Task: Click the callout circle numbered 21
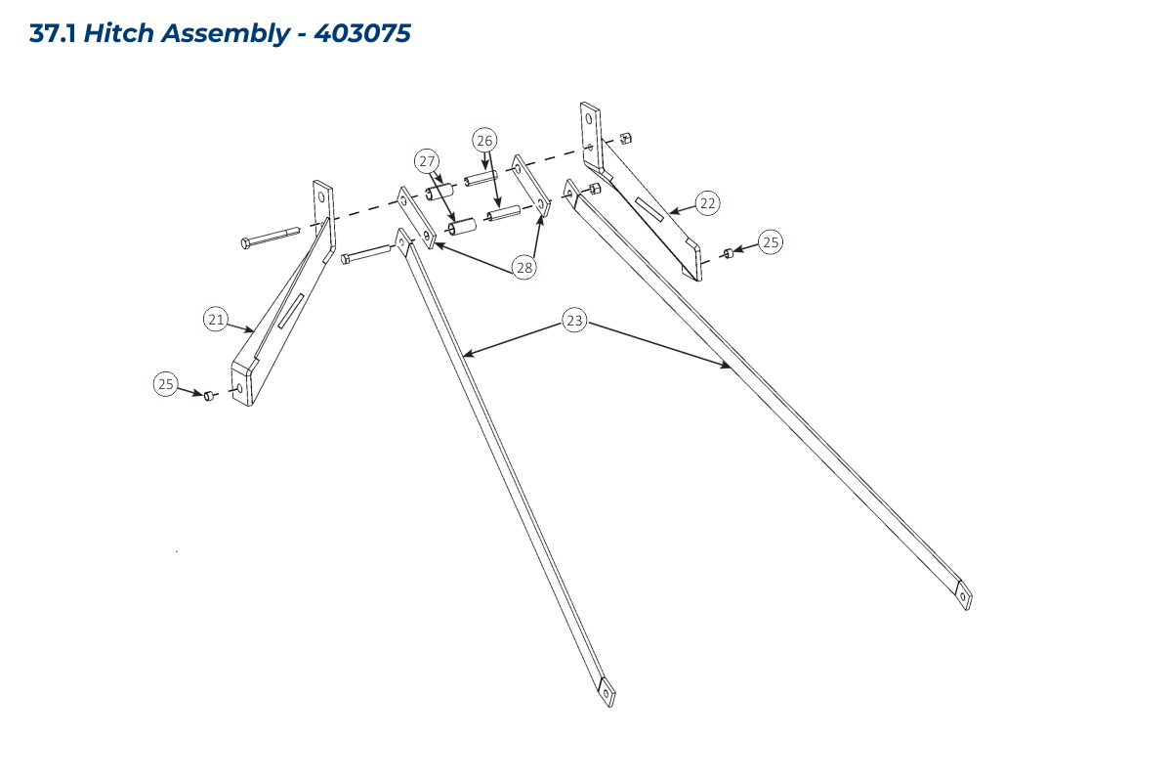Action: [x=216, y=319]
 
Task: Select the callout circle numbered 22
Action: [x=707, y=202]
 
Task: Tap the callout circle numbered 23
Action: [x=574, y=320]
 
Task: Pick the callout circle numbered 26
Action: [x=484, y=141]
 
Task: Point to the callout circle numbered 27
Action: [x=427, y=161]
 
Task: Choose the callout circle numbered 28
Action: [x=524, y=268]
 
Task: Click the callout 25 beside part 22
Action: [x=771, y=242]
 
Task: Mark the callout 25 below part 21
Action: [x=166, y=384]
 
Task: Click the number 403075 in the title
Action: [x=362, y=33]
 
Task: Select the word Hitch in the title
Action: [x=118, y=33]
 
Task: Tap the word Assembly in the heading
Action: [x=225, y=34]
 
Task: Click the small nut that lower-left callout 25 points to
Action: [x=209, y=396]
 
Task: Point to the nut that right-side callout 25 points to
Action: [x=728, y=253]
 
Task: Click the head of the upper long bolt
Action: [x=245, y=243]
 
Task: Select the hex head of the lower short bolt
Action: [x=345, y=259]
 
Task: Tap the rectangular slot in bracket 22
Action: [x=649, y=209]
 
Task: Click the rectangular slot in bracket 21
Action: [x=291, y=311]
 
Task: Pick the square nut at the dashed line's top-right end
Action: [x=625, y=138]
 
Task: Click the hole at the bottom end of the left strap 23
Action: [x=607, y=693]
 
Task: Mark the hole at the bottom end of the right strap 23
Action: [x=963, y=596]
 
